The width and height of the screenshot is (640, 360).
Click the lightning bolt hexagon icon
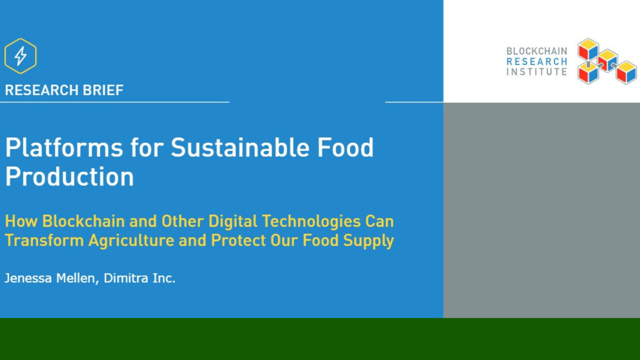point(20,56)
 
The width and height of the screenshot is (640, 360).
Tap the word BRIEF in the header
point(103,90)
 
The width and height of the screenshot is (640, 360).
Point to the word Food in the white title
point(345,148)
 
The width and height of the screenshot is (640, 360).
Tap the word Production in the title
point(70,177)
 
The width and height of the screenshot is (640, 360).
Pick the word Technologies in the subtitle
point(311,221)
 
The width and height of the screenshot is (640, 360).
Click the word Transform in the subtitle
point(44,241)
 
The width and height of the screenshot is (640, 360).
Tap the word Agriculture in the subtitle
point(131,241)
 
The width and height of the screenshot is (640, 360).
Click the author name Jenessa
point(28,278)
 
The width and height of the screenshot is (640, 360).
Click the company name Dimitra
point(126,278)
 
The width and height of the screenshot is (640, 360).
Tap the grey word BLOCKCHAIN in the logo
point(536,51)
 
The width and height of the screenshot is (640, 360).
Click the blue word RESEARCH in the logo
point(536,62)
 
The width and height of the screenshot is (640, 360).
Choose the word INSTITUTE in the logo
point(536,72)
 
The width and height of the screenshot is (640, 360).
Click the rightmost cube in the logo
point(626,72)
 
